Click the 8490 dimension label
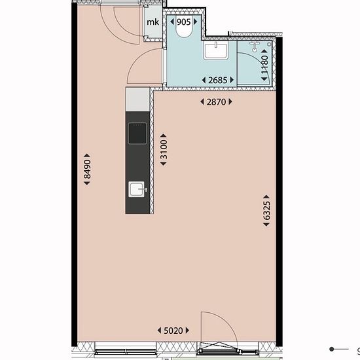(87, 170)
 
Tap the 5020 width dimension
(173, 331)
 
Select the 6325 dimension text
(266, 211)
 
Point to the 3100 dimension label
(164, 149)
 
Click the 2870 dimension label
(216, 101)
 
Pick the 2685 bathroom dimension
(218, 80)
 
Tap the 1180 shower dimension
(264, 65)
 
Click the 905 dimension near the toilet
(184, 22)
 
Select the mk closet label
(153, 22)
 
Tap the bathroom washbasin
(216, 50)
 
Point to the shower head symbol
(255, 46)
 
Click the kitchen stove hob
(137, 133)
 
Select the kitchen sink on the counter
(137, 189)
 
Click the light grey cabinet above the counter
(137, 99)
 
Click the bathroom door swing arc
(137, 58)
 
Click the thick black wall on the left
(75, 175)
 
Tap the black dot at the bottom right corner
(332, 349)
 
